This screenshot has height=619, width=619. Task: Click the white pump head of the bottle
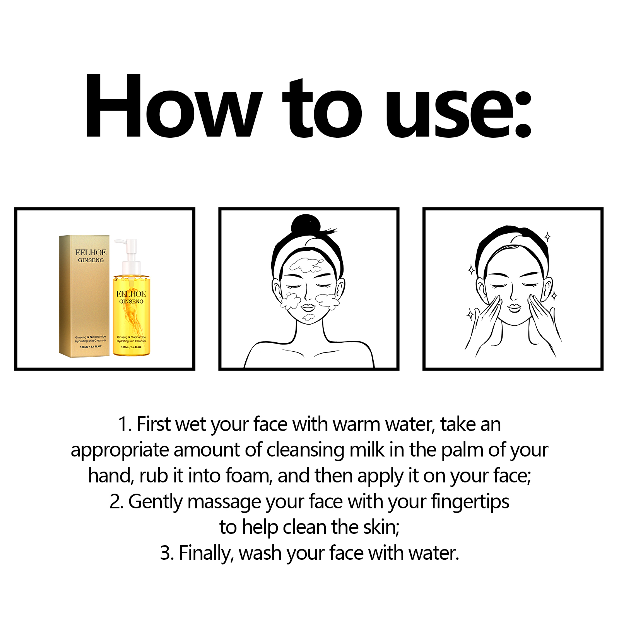(128, 245)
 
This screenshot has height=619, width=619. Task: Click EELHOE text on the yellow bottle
(131, 294)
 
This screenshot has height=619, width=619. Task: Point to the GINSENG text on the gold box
(91, 260)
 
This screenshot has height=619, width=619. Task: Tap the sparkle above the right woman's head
(547, 237)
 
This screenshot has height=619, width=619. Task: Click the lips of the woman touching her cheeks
(514, 308)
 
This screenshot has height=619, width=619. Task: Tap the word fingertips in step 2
(470, 502)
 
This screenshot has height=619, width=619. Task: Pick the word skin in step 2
(381, 527)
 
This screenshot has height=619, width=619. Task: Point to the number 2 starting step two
(115, 502)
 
